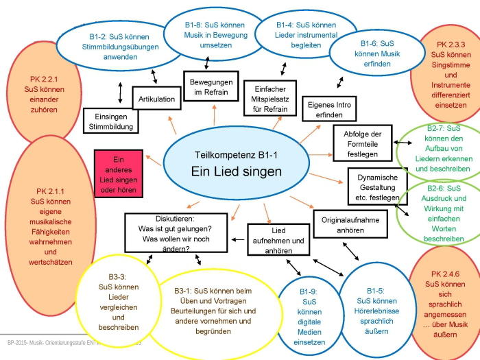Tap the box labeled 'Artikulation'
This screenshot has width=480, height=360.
[157, 99]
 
